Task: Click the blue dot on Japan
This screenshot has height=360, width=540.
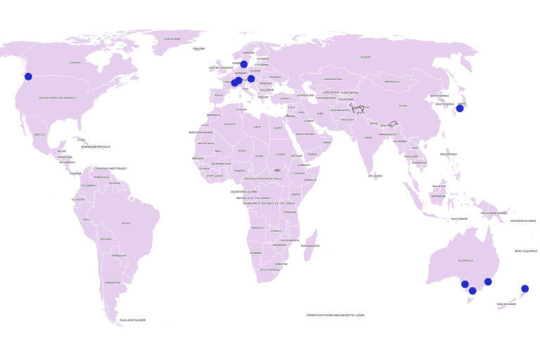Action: click(x=460, y=108)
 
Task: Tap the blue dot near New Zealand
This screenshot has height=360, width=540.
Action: click(x=525, y=288)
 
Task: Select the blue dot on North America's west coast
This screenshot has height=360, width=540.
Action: click(x=28, y=77)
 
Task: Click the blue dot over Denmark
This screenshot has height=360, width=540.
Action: click(x=244, y=64)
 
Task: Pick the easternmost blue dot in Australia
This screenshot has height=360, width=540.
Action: click(x=488, y=281)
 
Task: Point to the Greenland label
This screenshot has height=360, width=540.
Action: click(x=172, y=39)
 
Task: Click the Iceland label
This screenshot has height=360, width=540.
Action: click(x=199, y=49)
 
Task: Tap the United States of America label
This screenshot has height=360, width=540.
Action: click(x=57, y=98)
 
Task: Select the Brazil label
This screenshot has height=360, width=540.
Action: click(x=126, y=223)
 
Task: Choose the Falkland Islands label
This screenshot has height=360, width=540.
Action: click(x=132, y=320)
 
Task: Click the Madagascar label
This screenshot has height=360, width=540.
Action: click(x=310, y=245)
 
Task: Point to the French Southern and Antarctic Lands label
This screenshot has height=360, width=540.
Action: click(x=335, y=315)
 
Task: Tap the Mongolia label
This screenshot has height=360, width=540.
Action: click(x=392, y=82)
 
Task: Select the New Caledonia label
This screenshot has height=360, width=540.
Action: click(x=526, y=250)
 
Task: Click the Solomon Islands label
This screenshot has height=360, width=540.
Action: click(x=522, y=221)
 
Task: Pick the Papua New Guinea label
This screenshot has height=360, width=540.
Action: click(x=494, y=212)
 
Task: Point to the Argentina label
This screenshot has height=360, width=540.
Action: click(x=112, y=282)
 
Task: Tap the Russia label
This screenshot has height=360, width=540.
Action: click(x=365, y=57)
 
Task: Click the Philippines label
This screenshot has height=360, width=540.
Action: click(x=448, y=154)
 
